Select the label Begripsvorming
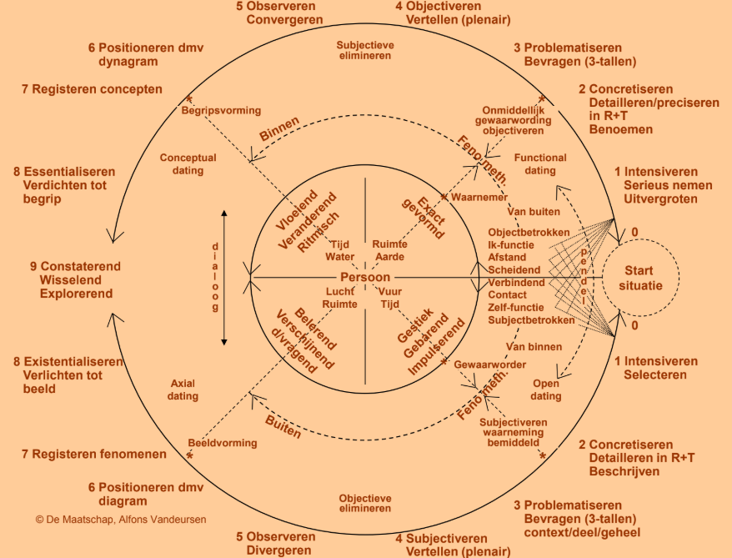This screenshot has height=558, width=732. [221, 110]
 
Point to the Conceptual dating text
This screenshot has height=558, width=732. [188, 163]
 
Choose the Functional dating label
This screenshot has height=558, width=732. [540, 163]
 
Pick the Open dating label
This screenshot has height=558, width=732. [546, 390]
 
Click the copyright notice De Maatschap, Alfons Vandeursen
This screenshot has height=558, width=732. [121, 519]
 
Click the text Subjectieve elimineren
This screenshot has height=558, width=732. [364, 50]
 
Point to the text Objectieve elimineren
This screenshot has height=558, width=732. [364, 502]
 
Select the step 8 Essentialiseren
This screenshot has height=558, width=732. [64, 172]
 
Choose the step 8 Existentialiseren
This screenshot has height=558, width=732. [73, 362]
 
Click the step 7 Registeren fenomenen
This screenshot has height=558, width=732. [94, 454]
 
